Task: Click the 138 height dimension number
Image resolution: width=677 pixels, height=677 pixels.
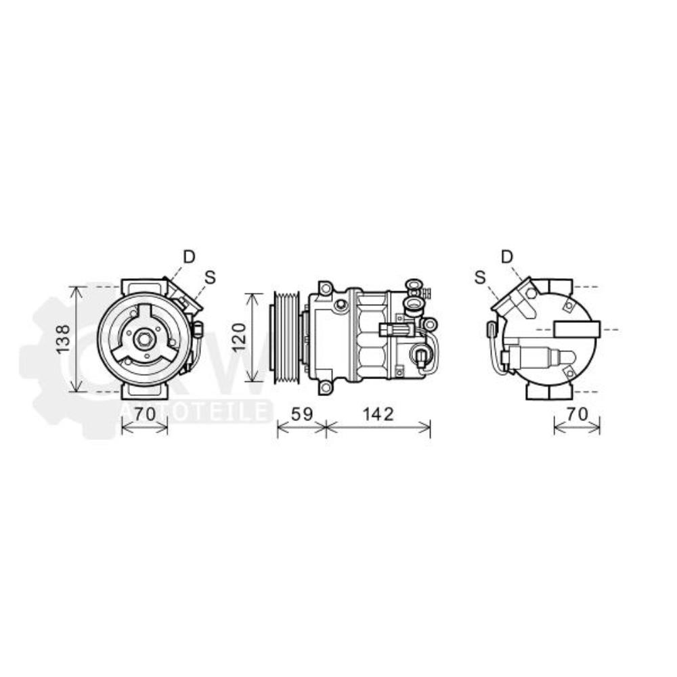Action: point(63,339)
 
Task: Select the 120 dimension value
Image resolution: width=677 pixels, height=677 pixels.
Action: point(236,337)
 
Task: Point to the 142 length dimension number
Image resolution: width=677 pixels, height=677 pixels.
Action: point(377,414)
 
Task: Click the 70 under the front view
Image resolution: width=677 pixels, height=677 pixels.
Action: point(144,414)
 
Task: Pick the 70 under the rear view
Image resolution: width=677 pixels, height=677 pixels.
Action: point(576,414)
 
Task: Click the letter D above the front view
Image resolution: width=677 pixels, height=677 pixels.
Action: point(189,257)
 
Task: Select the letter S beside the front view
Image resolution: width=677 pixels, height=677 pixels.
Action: point(210,276)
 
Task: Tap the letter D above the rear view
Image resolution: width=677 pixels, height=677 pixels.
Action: point(507,256)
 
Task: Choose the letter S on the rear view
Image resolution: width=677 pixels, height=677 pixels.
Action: point(480,276)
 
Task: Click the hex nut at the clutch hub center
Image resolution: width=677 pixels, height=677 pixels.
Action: point(144,339)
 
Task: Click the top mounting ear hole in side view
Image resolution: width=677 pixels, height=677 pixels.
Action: point(326,289)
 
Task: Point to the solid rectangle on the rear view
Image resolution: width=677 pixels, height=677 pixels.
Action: point(576,330)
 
